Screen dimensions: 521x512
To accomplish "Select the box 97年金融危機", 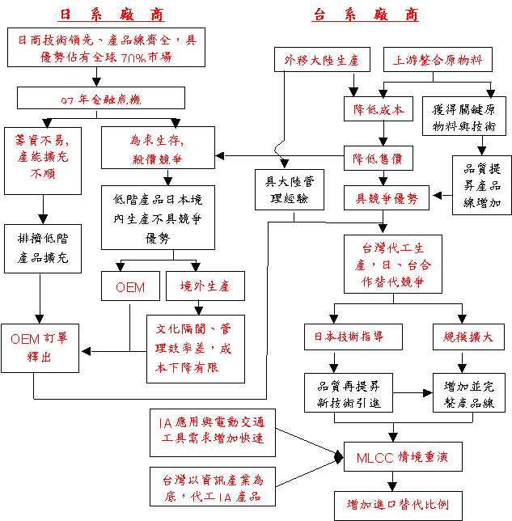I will click(97, 100).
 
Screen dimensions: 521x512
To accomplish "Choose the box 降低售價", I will click(378, 155).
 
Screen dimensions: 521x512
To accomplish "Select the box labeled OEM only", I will click(131, 286).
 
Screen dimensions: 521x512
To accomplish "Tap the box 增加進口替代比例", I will click(399, 505).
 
